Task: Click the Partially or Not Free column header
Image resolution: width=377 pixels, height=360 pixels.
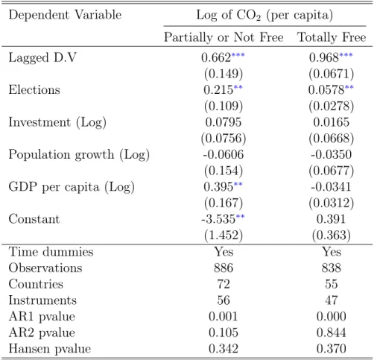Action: pos(224,37)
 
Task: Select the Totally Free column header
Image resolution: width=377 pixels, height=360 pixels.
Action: pos(332,37)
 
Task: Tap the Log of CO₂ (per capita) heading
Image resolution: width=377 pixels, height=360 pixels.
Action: pos(264,16)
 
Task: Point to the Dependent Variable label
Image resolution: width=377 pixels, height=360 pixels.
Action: pos(65,15)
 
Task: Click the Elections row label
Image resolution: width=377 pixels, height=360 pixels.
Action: pos(34,89)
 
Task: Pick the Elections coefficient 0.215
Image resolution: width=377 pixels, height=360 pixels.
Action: pos(218,89)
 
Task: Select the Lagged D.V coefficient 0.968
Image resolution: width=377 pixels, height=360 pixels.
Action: pos(324,57)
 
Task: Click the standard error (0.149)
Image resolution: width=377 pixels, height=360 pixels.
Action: pos(224,74)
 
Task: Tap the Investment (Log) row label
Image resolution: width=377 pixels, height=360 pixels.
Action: pos(57,122)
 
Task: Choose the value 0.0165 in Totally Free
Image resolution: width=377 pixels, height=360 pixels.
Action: pos(332,122)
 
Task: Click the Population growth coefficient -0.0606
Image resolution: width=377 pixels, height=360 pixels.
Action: pos(224,154)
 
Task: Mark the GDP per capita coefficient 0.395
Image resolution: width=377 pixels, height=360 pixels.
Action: pos(218,186)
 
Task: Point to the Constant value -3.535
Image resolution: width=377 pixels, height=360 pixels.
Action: pos(218,219)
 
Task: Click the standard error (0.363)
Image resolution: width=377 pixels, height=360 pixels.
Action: pos(332,236)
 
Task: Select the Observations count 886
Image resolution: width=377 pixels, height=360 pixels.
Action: pos(224,268)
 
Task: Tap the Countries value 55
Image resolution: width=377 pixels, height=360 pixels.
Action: pos(332,284)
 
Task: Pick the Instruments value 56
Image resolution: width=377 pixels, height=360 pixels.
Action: pos(224,300)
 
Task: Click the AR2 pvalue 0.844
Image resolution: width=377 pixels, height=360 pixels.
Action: pos(332,332)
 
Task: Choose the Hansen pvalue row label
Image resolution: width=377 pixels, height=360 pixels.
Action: pos(50,349)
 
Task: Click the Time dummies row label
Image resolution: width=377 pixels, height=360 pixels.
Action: pos(51,252)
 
